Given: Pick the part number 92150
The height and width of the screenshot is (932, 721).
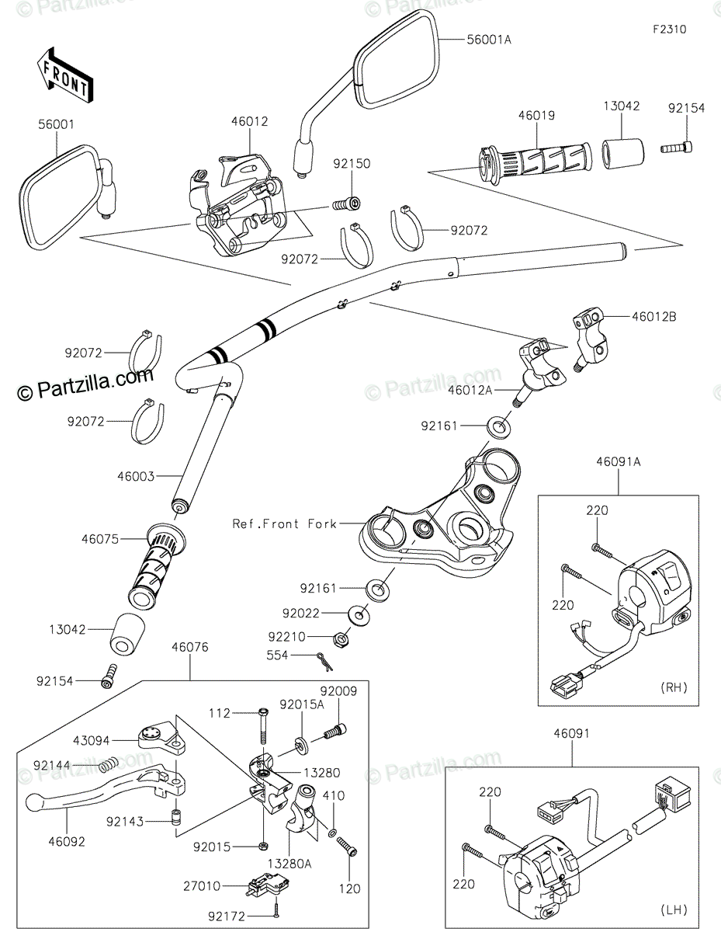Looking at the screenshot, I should click(352, 165).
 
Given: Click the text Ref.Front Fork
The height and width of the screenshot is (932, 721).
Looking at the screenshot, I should click(285, 523).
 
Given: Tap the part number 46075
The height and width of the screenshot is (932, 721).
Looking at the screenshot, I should click(101, 537).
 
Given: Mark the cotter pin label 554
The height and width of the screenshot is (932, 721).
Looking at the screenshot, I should click(277, 656).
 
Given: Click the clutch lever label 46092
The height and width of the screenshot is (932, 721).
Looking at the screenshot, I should click(66, 840).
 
